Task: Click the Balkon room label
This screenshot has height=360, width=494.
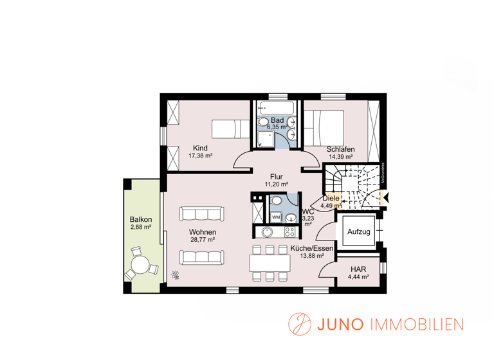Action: point(140,219)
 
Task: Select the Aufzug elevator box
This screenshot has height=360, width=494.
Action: point(358,231)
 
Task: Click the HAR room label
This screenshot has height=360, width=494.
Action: point(358,269)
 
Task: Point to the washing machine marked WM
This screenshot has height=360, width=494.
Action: point(275,217)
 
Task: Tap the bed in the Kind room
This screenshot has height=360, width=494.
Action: point(230,128)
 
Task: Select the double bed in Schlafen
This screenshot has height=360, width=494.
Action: point(324,127)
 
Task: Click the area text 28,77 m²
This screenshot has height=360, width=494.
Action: point(202,240)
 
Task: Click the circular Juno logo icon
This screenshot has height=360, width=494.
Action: point(298,323)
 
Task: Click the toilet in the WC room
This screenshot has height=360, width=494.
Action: point(275,201)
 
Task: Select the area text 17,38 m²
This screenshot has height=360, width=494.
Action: point(201,156)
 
